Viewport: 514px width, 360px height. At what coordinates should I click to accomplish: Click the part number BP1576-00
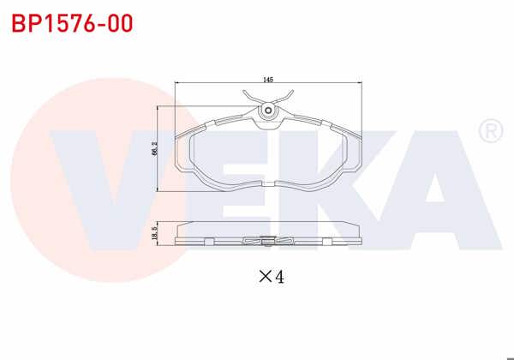pos(72,23)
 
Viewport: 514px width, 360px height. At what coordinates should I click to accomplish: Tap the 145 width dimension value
pos(267,79)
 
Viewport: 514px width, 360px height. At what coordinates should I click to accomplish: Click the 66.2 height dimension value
pos(154,148)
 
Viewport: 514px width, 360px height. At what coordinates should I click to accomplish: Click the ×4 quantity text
pos(271,276)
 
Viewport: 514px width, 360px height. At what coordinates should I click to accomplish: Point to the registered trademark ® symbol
pos(489,131)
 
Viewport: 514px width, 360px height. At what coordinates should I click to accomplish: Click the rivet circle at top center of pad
pos(268,111)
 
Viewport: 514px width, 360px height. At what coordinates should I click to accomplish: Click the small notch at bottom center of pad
pos(268,185)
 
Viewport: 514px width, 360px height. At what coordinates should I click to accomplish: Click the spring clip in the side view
pos(268,241)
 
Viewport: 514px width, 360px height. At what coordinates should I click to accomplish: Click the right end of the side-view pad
pos(358,239)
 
